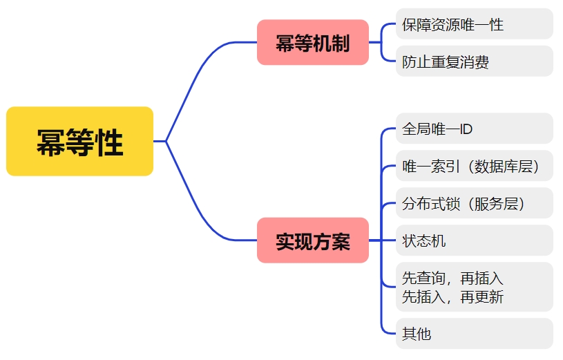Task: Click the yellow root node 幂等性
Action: coord(79,142)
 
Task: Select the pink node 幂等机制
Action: coord(312,43)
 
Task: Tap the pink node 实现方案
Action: coord(312,241)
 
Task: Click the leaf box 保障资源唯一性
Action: coord(474,25)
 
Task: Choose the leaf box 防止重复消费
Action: coord(474,62)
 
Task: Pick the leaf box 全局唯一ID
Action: coord(474,129)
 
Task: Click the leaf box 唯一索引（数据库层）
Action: coord(474,167)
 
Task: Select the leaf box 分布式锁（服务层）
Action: coord(474,204)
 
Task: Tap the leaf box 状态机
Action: coord(474,241)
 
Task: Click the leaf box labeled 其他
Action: coord(474,334)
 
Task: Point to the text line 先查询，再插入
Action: coord(452,278)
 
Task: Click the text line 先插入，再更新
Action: coord(452,296)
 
